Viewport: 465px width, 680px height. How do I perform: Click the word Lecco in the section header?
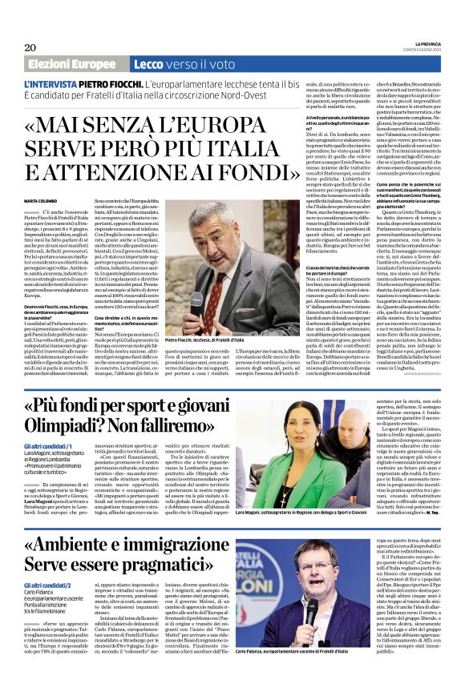[x=150, y=64]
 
